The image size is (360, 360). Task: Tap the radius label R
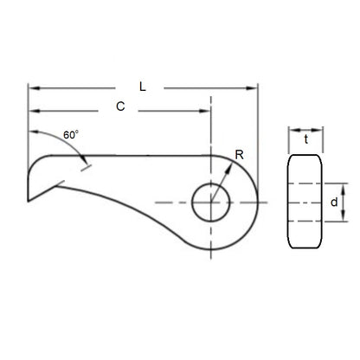pos(239,157)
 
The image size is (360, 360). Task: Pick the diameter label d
pos(334,202)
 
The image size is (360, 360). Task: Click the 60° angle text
pos(71,136)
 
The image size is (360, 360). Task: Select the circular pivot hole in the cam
pos(211,202)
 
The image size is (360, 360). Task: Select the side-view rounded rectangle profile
pos(305,202)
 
